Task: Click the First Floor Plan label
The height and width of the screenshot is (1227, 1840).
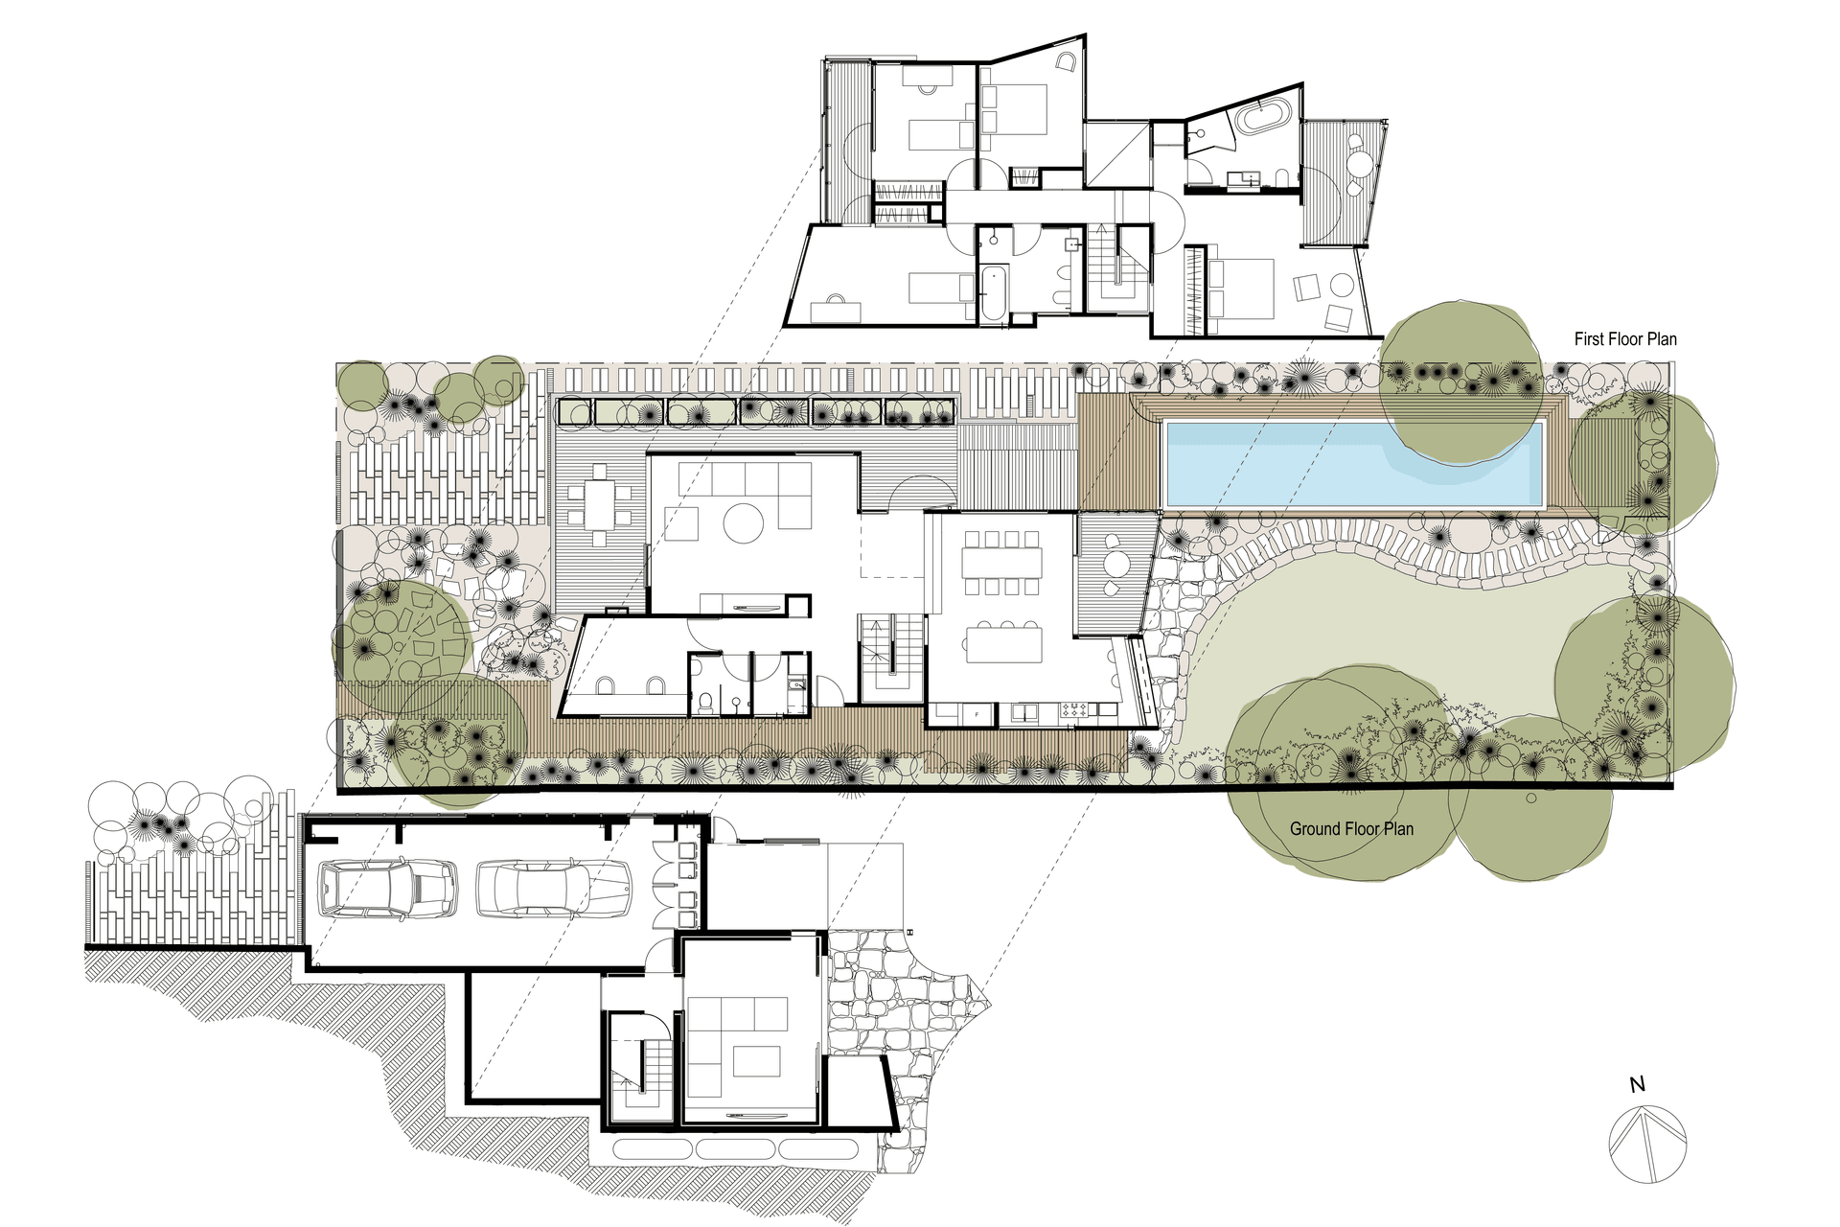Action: pos(1625,338)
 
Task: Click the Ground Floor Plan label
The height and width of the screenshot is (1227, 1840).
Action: pos(1351,829)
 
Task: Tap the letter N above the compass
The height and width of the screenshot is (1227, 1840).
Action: pos(1637,1085)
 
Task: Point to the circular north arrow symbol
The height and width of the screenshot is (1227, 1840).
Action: pos(1647,1144)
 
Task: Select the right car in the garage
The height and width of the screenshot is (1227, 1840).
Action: pos(554,889)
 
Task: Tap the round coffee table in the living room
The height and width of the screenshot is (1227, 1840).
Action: pos(743,523)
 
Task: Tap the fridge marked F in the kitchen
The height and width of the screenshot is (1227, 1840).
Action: pos(977,714)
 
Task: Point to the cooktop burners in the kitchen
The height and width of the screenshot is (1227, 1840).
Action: pos(1073,711)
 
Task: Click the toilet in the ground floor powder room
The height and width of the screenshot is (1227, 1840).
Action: pos(705,703)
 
